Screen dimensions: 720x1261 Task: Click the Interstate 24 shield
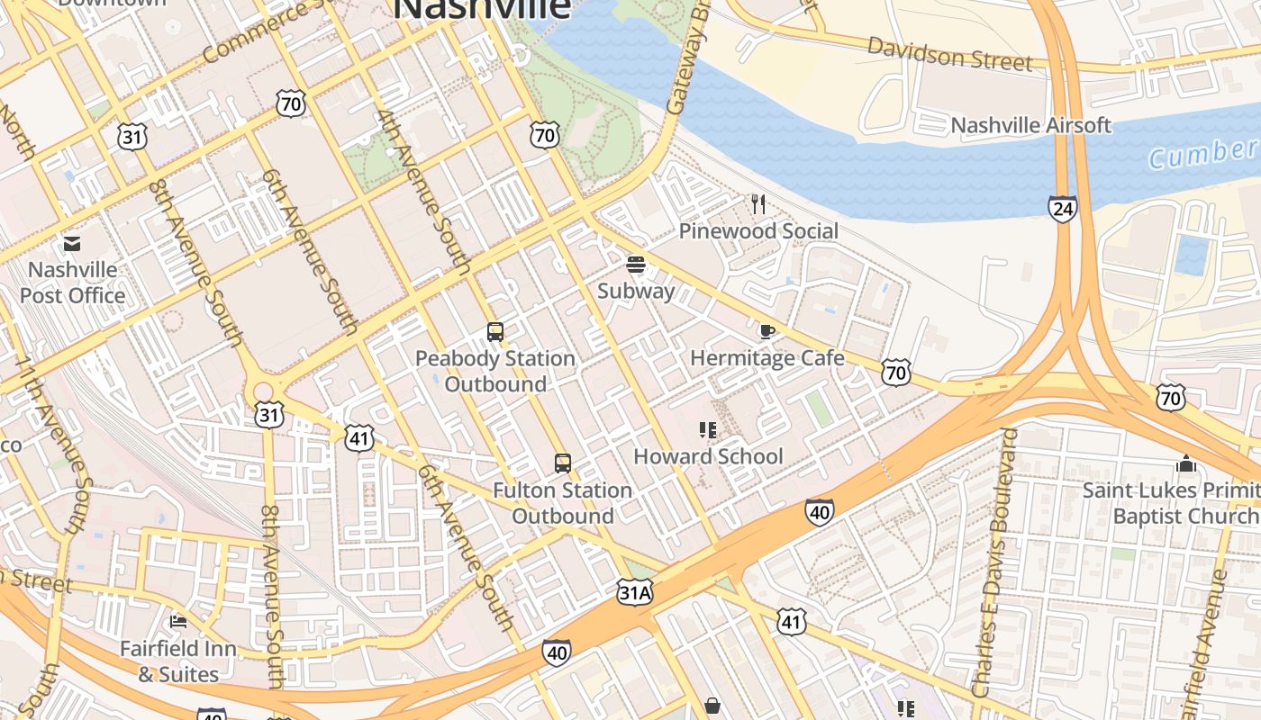coord(1063,209)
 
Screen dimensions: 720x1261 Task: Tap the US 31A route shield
coord(634,591)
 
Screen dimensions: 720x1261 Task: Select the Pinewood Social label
coord(758,231)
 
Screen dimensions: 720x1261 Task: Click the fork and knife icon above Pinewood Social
coord(758,204)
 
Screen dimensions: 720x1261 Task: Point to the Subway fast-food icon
coord(636,265)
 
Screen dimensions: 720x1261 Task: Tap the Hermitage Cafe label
coord(767,358)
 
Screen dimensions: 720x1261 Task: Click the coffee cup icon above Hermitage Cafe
coord(767,332)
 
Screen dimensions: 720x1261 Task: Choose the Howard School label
coord(708,456)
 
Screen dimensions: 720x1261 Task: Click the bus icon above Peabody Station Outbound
coord(495,332)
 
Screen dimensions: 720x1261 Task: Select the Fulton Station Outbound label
coord(563,503)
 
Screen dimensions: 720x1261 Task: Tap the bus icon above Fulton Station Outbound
coord(563,463)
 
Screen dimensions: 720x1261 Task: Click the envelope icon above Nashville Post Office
coord(72,244)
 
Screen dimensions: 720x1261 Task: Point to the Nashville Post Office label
coord(72,283)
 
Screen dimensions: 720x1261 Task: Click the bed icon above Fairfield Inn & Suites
coord(178,621)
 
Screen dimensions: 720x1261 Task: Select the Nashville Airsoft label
coord(1031,125)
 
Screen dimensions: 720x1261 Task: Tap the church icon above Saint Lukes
coord(1185,463)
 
